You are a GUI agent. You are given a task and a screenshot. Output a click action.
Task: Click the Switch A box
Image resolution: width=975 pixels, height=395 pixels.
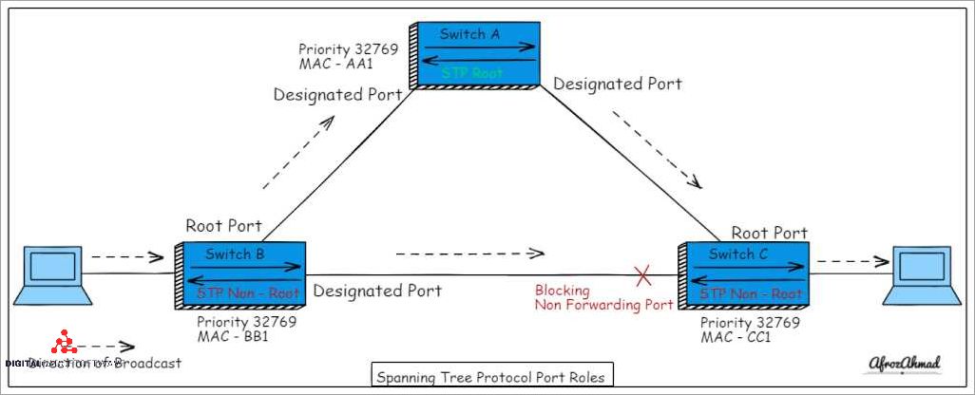point(473,54)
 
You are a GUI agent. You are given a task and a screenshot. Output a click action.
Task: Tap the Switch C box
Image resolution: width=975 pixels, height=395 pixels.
point(744,274)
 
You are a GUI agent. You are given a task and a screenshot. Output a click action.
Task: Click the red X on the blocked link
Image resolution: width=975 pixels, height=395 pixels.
point(643,276)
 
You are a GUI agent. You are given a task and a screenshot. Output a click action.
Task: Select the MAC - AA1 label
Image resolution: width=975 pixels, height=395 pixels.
point(337,64)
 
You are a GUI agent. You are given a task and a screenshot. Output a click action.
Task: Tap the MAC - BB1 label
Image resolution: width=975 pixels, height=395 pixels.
point(234,335)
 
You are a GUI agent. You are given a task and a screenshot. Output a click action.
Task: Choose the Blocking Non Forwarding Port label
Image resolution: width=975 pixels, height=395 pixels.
point(603,297)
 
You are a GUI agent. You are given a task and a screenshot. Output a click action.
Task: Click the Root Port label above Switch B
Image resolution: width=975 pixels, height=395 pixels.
point(223,226)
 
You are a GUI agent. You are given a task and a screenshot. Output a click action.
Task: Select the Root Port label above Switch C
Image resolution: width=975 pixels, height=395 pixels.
point(769,233)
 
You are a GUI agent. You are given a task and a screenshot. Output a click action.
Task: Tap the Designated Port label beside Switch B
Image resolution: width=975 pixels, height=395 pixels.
point(377,291)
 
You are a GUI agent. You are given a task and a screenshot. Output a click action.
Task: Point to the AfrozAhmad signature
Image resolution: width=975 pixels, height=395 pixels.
point(903,364)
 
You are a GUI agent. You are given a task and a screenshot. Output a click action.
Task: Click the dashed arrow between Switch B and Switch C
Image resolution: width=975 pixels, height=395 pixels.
point(469,254)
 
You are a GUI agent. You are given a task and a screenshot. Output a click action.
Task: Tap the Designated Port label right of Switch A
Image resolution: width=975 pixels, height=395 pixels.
point(618,84)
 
